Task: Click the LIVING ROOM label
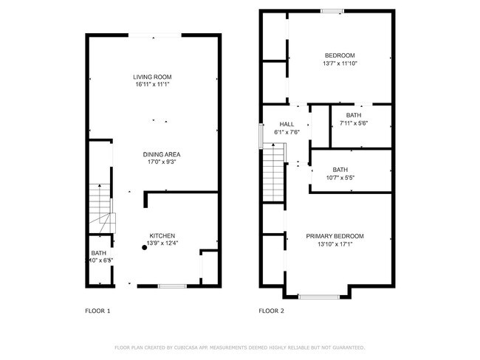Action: point(152,77)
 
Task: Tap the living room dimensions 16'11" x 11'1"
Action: point(152,85)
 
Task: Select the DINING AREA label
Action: point(162,153)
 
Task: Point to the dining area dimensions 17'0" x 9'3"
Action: point(162,162)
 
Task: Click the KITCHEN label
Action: point(162,235)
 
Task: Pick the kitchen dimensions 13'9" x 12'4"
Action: point(162,243)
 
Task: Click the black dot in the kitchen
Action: point(145,249)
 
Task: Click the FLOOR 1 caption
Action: point(97,311)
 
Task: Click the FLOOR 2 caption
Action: point(271,311)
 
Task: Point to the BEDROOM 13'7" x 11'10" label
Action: point(340,60)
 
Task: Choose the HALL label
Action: point(287,124)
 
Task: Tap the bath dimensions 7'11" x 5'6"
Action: point(354,123)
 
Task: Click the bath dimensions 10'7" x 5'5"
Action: point(340,178)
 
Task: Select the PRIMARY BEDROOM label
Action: point(335,236)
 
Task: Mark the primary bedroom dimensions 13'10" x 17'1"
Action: point(335,244)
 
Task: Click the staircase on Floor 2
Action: point(274,174)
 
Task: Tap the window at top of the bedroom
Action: point(332,10)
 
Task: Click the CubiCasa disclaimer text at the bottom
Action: point(239,347)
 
